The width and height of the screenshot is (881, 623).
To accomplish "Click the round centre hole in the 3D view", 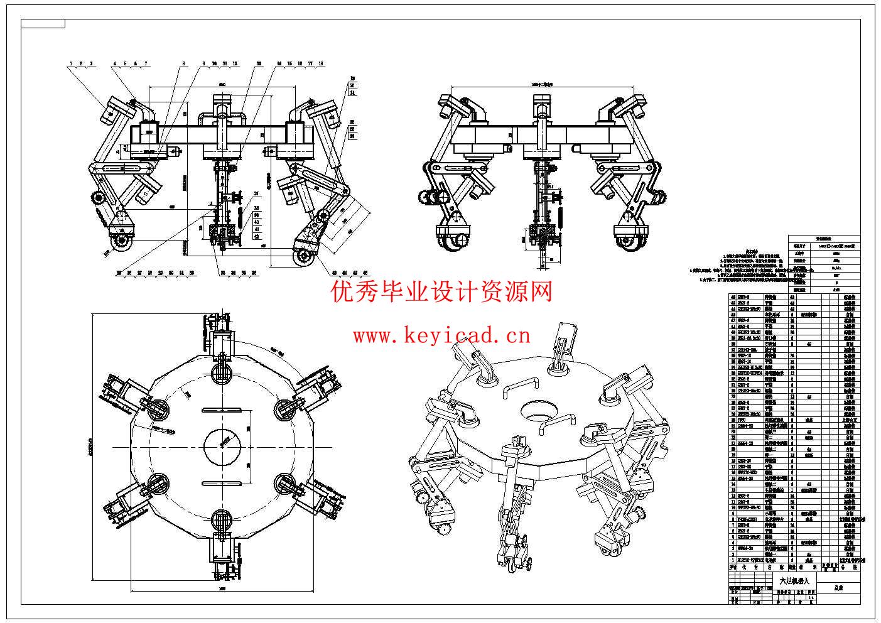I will coord(539,411).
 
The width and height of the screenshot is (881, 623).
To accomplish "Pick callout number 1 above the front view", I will coord(72,63).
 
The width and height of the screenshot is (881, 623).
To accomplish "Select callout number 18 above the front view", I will coord(321,63).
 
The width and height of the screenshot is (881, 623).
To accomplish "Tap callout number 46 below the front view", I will coord(365,273).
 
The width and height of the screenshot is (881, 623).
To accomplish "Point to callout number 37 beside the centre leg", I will coord(256,193).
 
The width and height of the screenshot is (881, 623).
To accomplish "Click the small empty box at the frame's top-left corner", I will coord(43,24).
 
